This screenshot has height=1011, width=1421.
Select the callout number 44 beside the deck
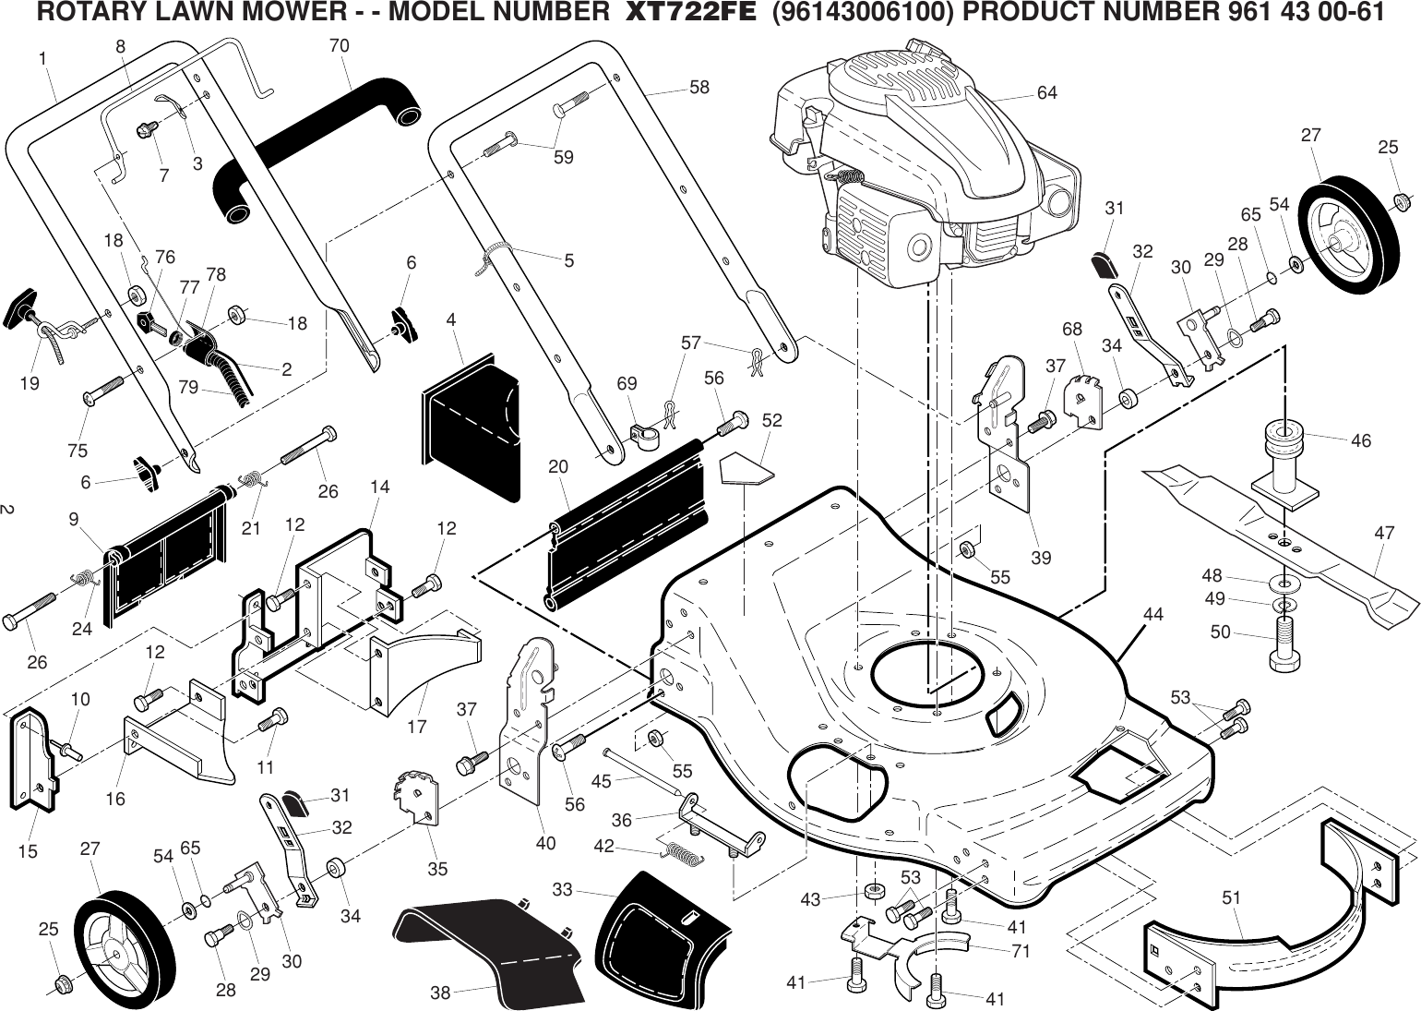click(x=1152, y=614)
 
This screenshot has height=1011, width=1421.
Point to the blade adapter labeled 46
click(x=1283, y=462)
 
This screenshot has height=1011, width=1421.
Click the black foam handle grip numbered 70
click(x=314, y=148)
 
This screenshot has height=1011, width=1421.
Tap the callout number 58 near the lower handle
click(x=699, y=88)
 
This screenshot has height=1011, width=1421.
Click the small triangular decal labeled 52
click(x=746, y=468)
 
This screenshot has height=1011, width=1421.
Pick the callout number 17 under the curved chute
click(x=417, y=727)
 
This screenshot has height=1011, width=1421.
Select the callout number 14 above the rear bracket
click(x=379, y=487)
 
